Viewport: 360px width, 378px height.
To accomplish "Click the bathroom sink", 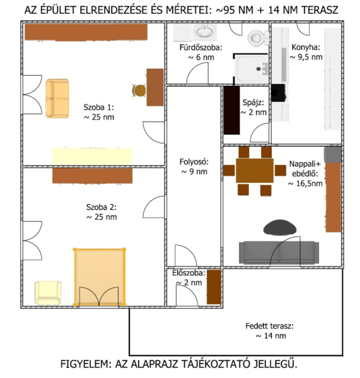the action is click(x=205, y=31).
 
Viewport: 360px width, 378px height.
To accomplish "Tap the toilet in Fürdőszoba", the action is click(x=258, y=38).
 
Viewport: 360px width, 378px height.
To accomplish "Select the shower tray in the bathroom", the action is click(x=251, y=69).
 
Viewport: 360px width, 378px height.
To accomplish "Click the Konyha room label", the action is click(x=306, y=52).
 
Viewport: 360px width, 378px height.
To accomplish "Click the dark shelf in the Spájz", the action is click(x=231, y=110).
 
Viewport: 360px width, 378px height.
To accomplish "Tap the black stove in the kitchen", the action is click(x=279, y=93).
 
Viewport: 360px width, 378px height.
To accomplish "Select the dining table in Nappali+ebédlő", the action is click(x=255, y=170).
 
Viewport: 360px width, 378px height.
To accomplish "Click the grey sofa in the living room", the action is click(x=279, y=252).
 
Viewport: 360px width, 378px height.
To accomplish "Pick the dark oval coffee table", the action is click(x=280, y=227).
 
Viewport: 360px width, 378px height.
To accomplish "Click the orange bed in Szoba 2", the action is click(x=99, y=277).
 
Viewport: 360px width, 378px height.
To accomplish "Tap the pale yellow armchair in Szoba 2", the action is click(x=48, y=293).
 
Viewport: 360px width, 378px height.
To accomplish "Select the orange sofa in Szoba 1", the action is click(x=57, y=98).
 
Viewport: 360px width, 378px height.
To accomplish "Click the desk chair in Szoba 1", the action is click(x=139, y=90).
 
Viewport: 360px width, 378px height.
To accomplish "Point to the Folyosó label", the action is click(x=194, y=166).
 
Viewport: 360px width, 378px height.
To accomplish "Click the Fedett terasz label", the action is click(x=270, y=331).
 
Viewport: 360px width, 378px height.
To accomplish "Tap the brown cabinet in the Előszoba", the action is click(x=214, y=287).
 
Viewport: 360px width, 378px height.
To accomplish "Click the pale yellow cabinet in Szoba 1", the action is click(x=92, y=156).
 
